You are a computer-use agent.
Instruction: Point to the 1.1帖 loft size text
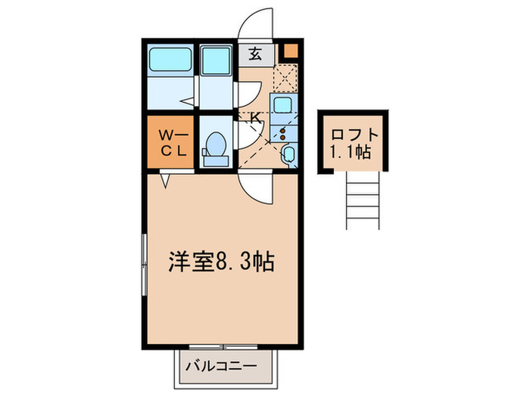pos(351,153)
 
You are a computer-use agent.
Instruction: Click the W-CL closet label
pos(172,142)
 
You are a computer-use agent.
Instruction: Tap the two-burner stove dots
pos(283,134)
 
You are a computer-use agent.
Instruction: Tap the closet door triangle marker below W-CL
pos(165,180)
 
